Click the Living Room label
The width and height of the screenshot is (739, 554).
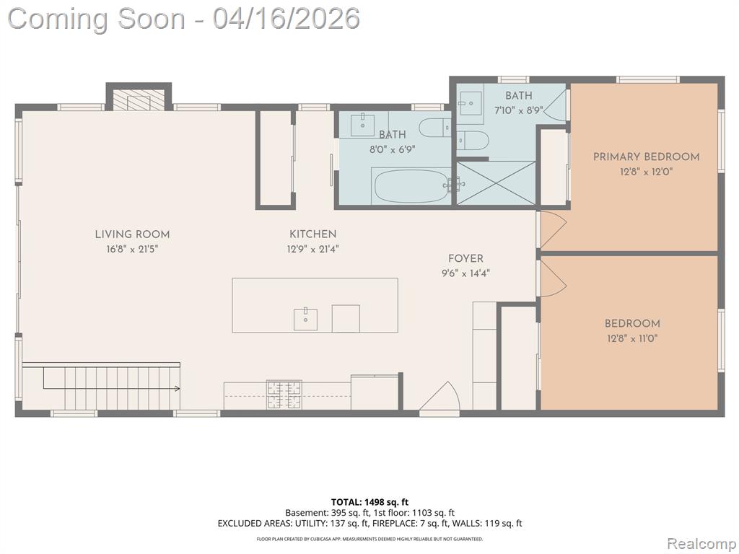(133, 234)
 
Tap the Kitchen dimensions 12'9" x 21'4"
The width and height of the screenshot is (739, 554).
(313, 249)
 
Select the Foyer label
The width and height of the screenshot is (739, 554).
(465, 258)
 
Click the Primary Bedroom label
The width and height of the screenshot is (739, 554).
(646, 157)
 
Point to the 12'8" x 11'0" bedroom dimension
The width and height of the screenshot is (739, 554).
(632, 338)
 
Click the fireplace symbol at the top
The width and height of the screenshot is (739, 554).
(139, 100)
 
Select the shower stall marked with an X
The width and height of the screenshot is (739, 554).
(496, 183)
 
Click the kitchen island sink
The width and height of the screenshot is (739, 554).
(305, 320)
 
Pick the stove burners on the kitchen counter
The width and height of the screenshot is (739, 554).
(284, 395)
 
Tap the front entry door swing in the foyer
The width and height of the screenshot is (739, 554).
(440, 398)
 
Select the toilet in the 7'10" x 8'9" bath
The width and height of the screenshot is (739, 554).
(472, 141)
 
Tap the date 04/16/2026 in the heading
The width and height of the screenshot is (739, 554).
(286, 19)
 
